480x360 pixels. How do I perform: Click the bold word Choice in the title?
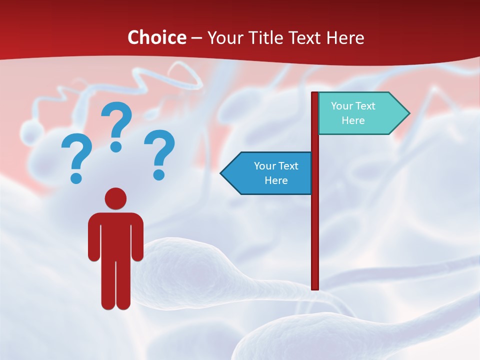pyautogui.click(x=156, y=38)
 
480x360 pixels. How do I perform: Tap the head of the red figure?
pyautogui.click(x=115, y=198)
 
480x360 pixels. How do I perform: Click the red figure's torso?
pyautogui.click(x=115, y=235)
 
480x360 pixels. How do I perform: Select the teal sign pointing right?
pyautogui.click(x=357, y=113)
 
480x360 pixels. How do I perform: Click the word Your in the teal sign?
pyautogui.click(x=341, y=106)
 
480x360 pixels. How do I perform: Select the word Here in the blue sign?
pyautogui.click(x=276, y=180)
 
